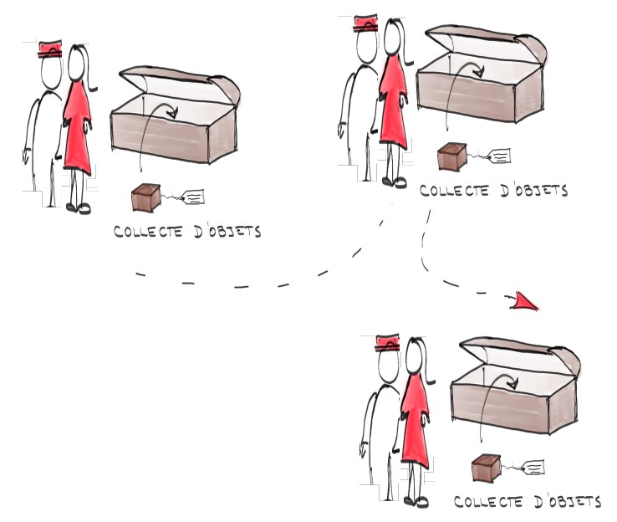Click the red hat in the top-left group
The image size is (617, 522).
pyautogui.click(x=50, y=49)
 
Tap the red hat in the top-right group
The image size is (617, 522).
pyautogui.click(x=366, y=23)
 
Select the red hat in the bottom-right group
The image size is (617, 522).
pyautogui.click(x=388, y=343)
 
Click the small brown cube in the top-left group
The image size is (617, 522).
pyautogui.click(x=146, y=197)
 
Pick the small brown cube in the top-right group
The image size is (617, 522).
pyautogui.click(x=452, y=156)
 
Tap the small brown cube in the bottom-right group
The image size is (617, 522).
pyautogui.click(x=487, y=468)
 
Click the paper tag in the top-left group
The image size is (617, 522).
pyautogui.click(x=194, y=197)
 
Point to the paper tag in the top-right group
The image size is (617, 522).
pyautogui.click(x=499, y=156)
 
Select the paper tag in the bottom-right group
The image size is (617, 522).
pyautogui.click(x=533, y=468)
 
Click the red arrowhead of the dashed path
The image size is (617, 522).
pyautogui.click(x=525, y=302)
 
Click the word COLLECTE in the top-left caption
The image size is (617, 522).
pyautogui.click(x=148, y=232)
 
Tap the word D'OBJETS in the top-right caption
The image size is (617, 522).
pyautogui.click(x=534, y=191)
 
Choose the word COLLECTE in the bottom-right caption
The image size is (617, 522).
pyautogui.click(x=488, y=502)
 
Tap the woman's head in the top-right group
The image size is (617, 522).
pyautogui.click(x=393, y=38)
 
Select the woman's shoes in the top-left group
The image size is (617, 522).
pyautogui.click(x=79, y=207)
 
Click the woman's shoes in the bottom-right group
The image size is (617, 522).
pyautogui.click(x=416, y=502)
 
